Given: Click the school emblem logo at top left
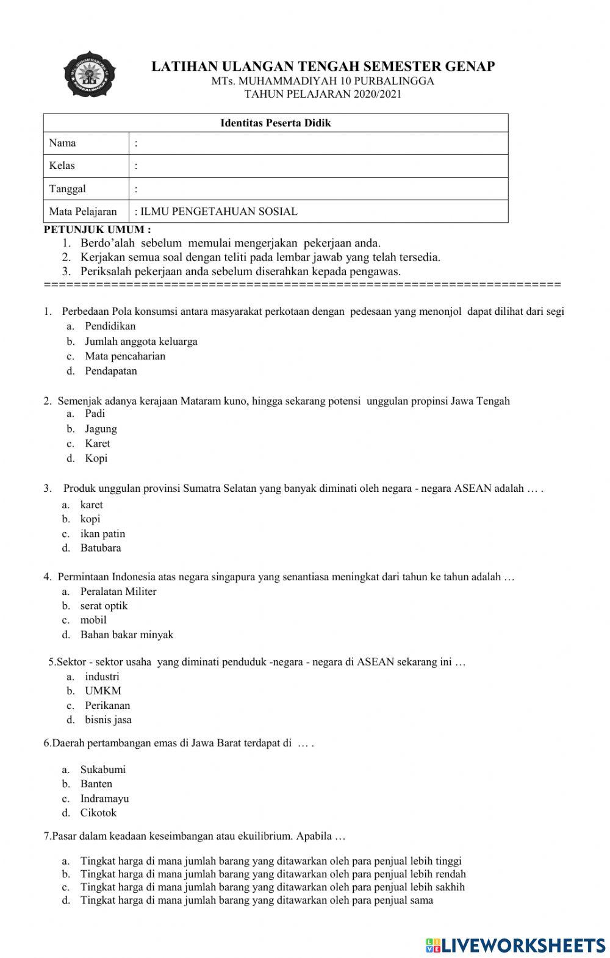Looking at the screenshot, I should click(x=90, y=77).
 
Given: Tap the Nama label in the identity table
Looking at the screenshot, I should click(x=63, y=143).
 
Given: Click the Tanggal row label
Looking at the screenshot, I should click(x=68, y=189).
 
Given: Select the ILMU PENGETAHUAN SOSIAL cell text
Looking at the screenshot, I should click(x=218, y=212).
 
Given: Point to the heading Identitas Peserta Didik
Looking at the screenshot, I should click(x=275, y=123).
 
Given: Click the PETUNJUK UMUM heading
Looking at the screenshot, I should click(x=97, y=230).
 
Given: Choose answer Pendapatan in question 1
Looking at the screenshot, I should click(x=111, y=371).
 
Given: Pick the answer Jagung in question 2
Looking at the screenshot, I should click(x=101, y=429).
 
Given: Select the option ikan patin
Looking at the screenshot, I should click(x=102, y=534).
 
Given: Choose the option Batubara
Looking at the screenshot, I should click(x=101, y=548).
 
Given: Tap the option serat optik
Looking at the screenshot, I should click(x=104, y=606).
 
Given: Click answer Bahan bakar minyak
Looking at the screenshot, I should click(x=127, y=635).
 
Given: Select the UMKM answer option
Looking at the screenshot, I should click(x=103, y=691).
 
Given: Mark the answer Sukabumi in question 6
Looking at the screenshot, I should click(x=103, y=769).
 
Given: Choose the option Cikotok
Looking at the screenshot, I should click(x=98, y=813).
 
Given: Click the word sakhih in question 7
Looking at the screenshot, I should click(x=450, y=887).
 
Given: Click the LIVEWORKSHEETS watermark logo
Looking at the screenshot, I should click(x=515, y=945).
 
